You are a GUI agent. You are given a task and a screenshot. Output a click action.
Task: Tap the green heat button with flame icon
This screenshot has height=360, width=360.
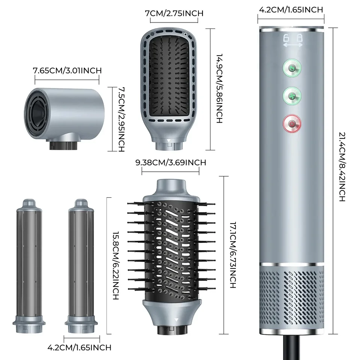point(292,68)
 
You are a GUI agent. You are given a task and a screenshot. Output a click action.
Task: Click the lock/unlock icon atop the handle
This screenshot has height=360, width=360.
point(293,40)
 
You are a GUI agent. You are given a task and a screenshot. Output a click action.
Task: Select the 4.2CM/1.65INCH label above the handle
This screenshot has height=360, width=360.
point(291,10)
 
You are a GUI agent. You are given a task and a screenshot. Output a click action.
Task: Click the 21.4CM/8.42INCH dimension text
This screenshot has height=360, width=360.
point(342,167)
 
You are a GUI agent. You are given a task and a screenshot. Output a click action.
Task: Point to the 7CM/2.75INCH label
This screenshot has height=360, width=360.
point(174,13)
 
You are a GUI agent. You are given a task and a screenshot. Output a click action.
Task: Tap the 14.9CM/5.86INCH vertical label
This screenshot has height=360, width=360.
point(219,88)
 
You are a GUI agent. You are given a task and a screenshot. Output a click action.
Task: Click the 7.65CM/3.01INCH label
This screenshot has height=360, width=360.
point(67,70)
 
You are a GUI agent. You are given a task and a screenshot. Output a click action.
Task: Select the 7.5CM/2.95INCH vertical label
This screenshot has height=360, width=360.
point(121,119)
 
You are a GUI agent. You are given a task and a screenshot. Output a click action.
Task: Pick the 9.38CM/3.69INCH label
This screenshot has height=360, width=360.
point(171,162)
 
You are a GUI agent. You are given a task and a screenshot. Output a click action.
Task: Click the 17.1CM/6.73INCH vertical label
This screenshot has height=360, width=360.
point(233,255)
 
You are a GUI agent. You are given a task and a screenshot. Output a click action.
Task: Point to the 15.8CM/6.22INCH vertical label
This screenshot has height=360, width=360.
point(115,265)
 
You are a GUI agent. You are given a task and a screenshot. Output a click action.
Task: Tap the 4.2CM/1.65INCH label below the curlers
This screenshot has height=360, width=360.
point(79,347)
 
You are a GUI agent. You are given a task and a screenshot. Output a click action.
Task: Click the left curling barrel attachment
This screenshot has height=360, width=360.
point(29,266)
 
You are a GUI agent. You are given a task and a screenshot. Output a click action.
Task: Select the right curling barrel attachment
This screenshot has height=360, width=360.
point(81,266)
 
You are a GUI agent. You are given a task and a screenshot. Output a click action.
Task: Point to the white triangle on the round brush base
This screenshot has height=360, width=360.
point(176,319)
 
